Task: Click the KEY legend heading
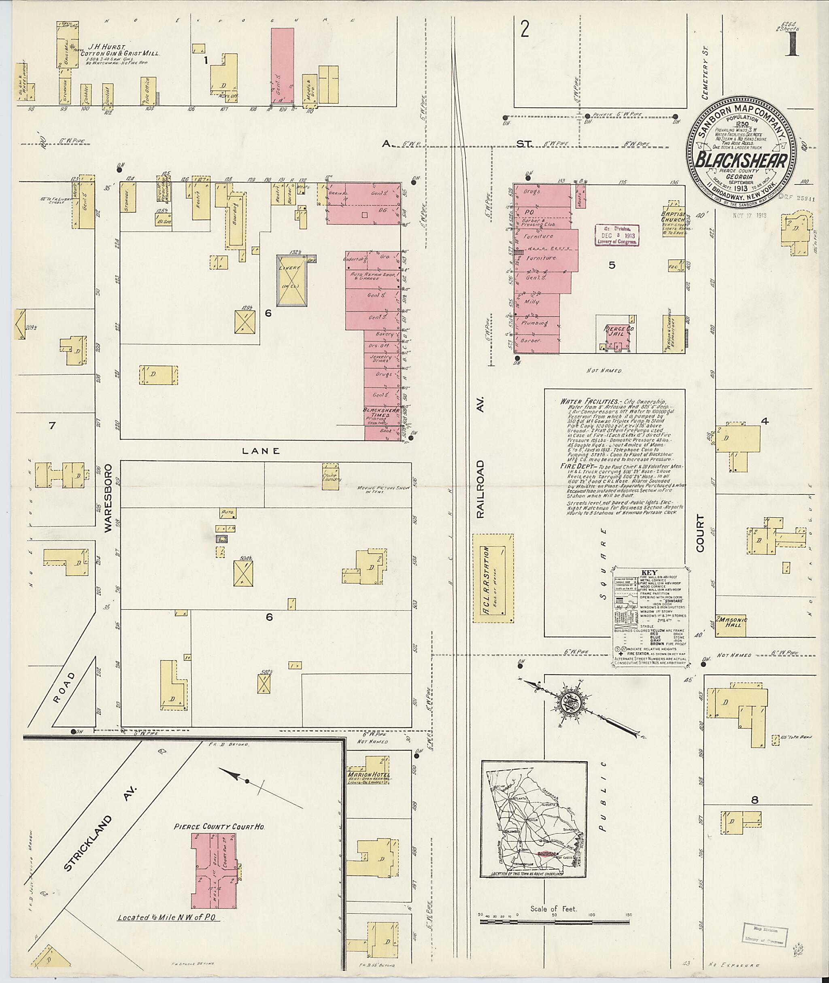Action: [649, 572]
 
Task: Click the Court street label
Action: [701, 533]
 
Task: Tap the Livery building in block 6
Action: [292, 280]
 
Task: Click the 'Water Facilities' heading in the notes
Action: [589, 402]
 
